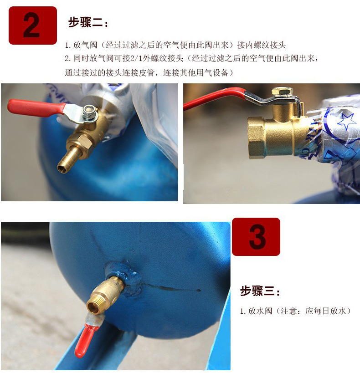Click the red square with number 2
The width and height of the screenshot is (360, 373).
click(x=32, y=26)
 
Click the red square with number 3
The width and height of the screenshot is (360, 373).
click(x=256, y=237)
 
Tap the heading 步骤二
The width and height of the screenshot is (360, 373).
click(x=88, y=23)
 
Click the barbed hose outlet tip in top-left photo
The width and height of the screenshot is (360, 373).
click(x=62, y=168)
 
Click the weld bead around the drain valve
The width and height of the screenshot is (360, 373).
click(x=130, y=279)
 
